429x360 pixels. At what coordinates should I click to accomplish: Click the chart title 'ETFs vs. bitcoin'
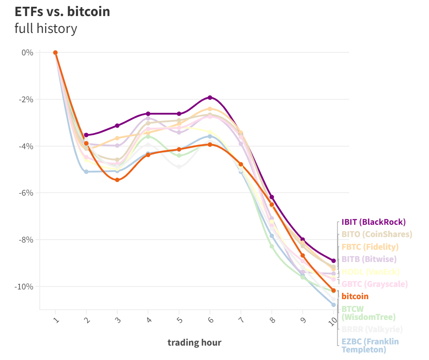[63, 11]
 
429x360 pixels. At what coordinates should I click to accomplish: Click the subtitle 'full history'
[46, 29]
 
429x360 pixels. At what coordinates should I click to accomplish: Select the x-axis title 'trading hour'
[194, 342]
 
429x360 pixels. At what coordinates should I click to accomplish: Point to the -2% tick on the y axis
[27, 99]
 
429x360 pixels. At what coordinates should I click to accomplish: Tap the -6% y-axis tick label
[27, 193]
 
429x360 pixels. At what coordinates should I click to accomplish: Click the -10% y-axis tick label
[25, 286]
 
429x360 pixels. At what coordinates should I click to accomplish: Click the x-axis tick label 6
[210, 320]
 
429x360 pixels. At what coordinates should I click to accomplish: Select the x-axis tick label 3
[117, 320]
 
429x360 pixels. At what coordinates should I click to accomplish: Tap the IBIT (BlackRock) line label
[373, 222]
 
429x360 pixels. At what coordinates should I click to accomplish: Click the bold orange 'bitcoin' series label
[355, 296]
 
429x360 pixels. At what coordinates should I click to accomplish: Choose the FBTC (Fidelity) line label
[370, 247]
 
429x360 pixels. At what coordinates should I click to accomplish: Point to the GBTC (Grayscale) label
[374, 284]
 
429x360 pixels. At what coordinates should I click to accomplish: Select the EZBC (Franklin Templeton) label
[370, 345]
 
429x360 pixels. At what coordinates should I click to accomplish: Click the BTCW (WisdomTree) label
[368, 313]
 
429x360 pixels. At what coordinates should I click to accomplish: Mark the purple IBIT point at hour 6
[210, 98]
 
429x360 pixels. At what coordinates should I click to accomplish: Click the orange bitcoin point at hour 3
[117, 180]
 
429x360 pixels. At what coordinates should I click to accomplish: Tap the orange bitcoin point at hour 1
[55, 52]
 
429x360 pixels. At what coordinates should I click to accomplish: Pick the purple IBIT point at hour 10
[333, 261]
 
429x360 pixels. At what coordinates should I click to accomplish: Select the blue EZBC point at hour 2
[86, 172]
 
